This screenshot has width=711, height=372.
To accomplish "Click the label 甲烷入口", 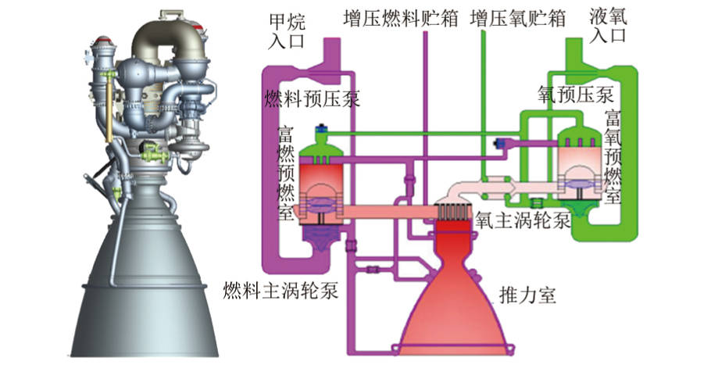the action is [287, 31].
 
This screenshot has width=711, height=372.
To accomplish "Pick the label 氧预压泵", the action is [576, 95].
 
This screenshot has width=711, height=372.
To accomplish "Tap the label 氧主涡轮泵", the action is [523, 221].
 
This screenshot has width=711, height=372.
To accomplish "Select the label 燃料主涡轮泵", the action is [280, 291].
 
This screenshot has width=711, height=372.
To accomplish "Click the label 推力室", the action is [527, 295].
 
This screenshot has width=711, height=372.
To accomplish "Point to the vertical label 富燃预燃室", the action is [286, 173].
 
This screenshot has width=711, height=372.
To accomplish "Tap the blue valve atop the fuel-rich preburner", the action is [321, 129].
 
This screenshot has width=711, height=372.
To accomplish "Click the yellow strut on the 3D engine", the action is [109, 107].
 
